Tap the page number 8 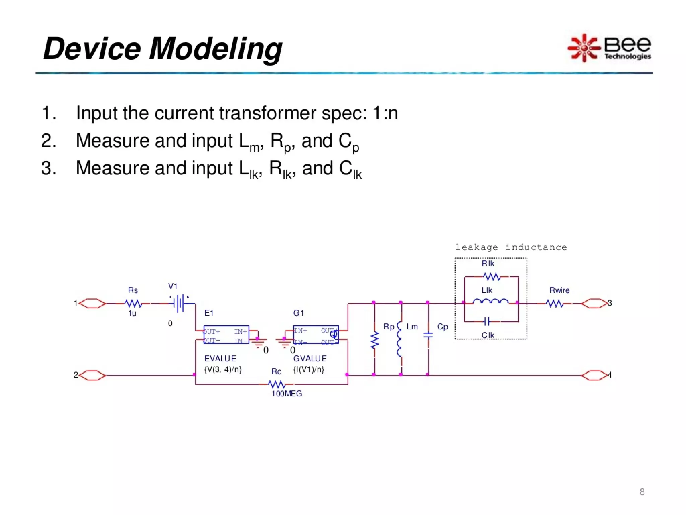click(642, 492)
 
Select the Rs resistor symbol click(133, 304)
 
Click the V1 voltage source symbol click(180, 304)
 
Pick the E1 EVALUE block click(226, 335)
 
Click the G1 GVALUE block click(316, 335)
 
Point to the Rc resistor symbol click(277, 384)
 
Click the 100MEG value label click(287, 394)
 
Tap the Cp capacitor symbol click(428, 335)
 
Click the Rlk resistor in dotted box click(492, 277)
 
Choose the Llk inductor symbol click(491, 302)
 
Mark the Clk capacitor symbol click(487, 322)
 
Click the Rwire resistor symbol click(555, 304)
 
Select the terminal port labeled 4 click(594, 376)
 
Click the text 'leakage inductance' click(510, 247)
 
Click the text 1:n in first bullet click(385, 113)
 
